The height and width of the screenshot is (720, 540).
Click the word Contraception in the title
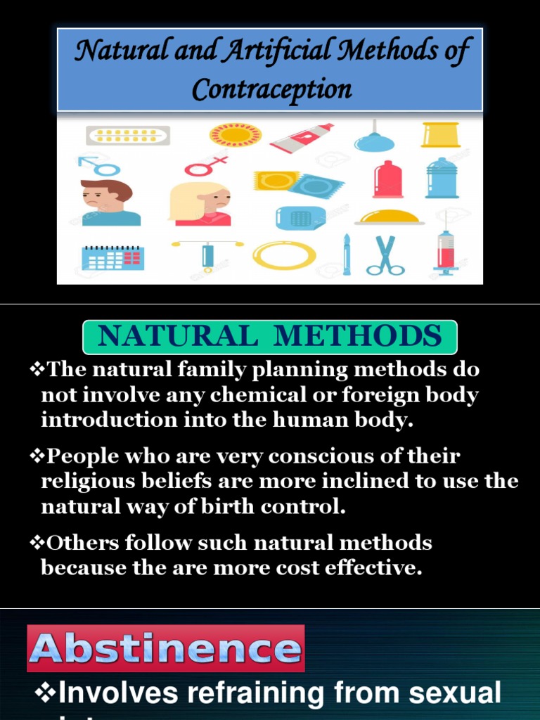click(x=271, y=89)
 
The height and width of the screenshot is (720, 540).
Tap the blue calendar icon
click(x=112, y=257)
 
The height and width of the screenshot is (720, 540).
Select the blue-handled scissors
click(x=385, y=255)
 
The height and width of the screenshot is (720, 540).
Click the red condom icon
click(x=388, y=179)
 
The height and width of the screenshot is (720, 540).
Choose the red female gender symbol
click(x=207, y=166)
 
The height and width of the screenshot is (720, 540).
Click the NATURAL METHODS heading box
click(x=270, y=337)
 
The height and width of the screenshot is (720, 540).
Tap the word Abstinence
click(x=166, y=648)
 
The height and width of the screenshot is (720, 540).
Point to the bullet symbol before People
click(x=37, y=456)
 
